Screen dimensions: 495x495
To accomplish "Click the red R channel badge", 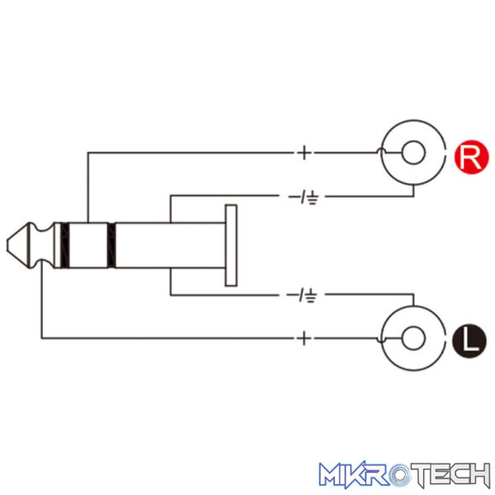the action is pyautogui.click(x=471, y=157).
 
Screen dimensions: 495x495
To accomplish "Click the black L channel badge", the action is pyautogui.click(x=469, y=341).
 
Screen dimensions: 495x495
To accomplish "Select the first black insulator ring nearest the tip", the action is pyautogui.click(x=64, y=245).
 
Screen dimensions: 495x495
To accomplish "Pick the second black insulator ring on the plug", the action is pyautogui.click(x=111, y=245).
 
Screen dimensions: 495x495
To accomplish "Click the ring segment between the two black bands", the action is pyautogui.click(x=88, y=245).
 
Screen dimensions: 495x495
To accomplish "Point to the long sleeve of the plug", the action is pyautogui.click(x=171, y=245).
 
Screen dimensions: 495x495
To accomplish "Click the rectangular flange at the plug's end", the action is pyautogui.click(x=231, y=246).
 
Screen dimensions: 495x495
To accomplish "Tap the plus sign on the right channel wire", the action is pyautogui.click(x=304, y=153).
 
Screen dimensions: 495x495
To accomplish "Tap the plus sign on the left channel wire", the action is pyautogui.click(x=304, y=338).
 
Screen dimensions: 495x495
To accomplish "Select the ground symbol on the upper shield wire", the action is pyautogui.click(x=312, y=198).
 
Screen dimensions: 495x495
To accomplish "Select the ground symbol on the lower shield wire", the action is pyautogui.click(x=311, y=296).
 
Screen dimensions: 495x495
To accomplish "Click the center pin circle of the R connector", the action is pyautogui.click(x=413, y=153).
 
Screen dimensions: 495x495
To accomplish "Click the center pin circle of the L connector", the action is pyautogui.click(x=413, y=338).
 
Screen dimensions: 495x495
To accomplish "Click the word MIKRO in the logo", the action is pyautogui.click(x=364, y=474).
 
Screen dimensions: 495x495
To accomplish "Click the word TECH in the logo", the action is pyautogui.click(x=450, y=474).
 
